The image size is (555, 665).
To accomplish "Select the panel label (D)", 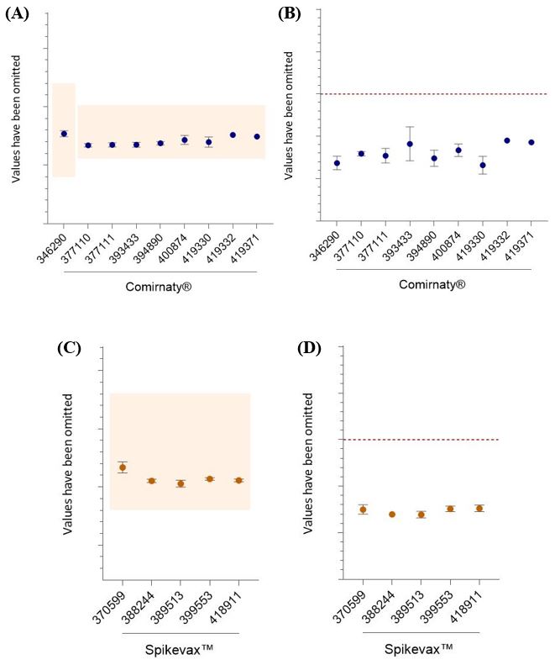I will click(315, 349).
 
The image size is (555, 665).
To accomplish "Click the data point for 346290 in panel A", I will click(64, 134).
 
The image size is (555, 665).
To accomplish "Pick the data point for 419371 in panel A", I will click(257, 136).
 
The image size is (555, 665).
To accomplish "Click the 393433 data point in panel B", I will click(410, 144).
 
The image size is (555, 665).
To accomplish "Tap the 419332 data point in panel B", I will click(507, 140).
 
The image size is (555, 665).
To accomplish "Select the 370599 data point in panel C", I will click(123, 467).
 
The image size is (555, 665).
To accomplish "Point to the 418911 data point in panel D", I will click(479, 508).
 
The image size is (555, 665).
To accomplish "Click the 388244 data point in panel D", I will click(392, 514).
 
